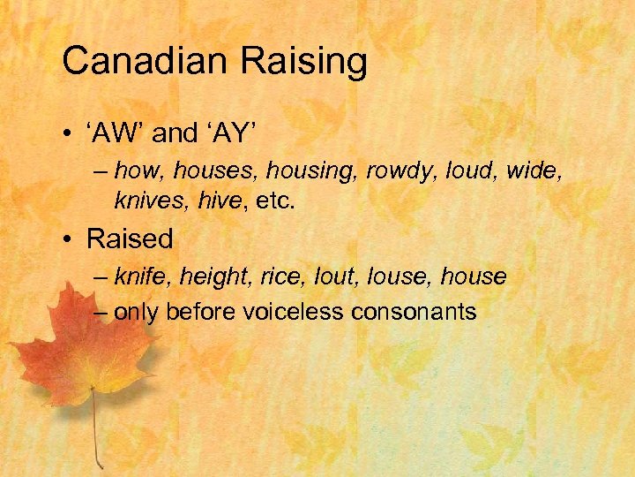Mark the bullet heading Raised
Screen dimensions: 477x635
(x=130, y=238)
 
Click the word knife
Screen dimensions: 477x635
(x=141, y=277)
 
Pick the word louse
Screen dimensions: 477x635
(x=397, y=277)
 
